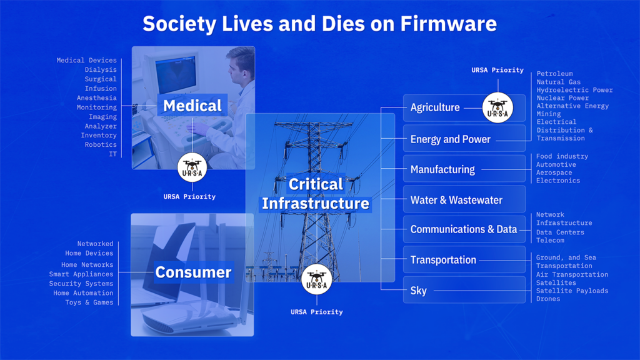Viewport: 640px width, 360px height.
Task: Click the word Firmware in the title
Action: point(448,24)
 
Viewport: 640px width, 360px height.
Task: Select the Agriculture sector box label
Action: point(435,107)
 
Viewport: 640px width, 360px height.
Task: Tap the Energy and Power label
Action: point(450,139)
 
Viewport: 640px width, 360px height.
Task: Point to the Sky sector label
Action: point(419,291)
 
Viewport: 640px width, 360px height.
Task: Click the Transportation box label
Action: point(443,260)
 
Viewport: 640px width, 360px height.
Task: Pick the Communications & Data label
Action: point(463,229)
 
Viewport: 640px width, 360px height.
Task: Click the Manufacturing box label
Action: point(442,169)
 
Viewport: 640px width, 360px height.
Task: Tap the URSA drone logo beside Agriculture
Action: point(498,107)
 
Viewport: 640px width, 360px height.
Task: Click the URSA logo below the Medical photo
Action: point(192,167)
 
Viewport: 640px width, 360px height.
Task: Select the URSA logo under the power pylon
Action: point(317,279)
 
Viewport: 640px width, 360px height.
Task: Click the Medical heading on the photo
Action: point(192,106)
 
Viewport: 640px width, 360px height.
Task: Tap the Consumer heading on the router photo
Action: point(193,272)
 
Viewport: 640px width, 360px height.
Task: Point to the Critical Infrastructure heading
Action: point(316,194)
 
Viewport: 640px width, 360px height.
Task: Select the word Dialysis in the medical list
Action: point(101,70)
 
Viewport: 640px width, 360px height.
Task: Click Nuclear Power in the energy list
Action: point(562,98)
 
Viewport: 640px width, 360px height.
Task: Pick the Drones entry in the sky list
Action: point(548,299)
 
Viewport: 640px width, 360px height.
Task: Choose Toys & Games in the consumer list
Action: point(89,302)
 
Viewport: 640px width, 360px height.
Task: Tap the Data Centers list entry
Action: point(560,232)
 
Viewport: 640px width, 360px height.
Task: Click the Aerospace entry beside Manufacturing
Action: point(554,172)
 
